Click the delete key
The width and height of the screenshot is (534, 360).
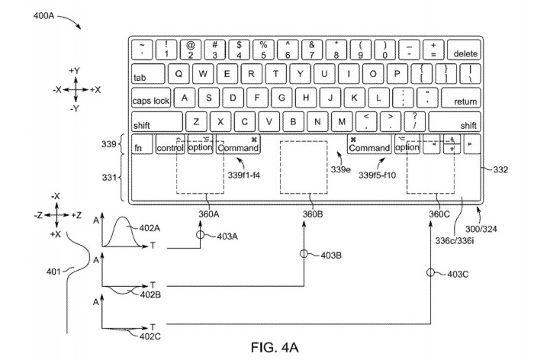(x=465, y=53)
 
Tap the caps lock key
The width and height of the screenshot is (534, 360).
(x=151, y=100)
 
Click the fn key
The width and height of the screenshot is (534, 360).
(x=140, y=147)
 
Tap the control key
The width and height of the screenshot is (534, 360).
(x=169, y=147)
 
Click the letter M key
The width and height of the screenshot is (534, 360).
(x=342, y=121)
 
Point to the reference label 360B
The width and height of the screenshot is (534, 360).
(x=313, y=214)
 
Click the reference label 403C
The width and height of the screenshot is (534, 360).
(x=458, y=273)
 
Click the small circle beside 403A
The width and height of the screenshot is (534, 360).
(x=201, y=236)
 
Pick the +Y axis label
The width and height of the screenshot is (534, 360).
(x=75, y=70)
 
